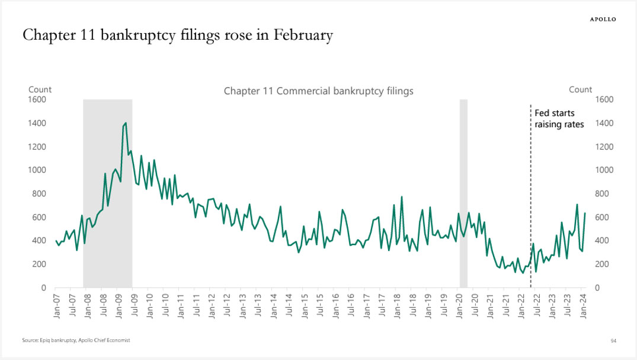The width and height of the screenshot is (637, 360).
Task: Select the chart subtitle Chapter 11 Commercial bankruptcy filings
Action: pyautogui.click(x=318, y=91)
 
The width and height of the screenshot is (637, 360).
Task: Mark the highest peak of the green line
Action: pyautogui.click(x=125, y=123)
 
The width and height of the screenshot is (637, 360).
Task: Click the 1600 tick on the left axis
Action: pyautogui.click(x=37, y=99)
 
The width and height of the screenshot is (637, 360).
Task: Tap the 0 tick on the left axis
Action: pyautogui.click(x=44, y=288)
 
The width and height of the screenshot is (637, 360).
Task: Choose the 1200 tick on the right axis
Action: pyautogui.click(x=602, y=147)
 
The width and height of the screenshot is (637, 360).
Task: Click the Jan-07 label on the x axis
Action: pyautogui.click(x=57, y=306)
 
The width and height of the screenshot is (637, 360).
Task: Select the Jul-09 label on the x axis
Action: pyautogui.click(x=133, y=306)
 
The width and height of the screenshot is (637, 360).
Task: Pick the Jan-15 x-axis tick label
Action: pyautogui.click(x=305, y=306)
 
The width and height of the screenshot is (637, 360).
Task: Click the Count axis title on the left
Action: pyautogui.click(x=40, y=89)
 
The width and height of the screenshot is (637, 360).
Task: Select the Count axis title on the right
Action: pyautogui.click(x=580, y=89)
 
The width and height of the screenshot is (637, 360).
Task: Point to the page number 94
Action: pyautogui.click(x=613, y=341)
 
